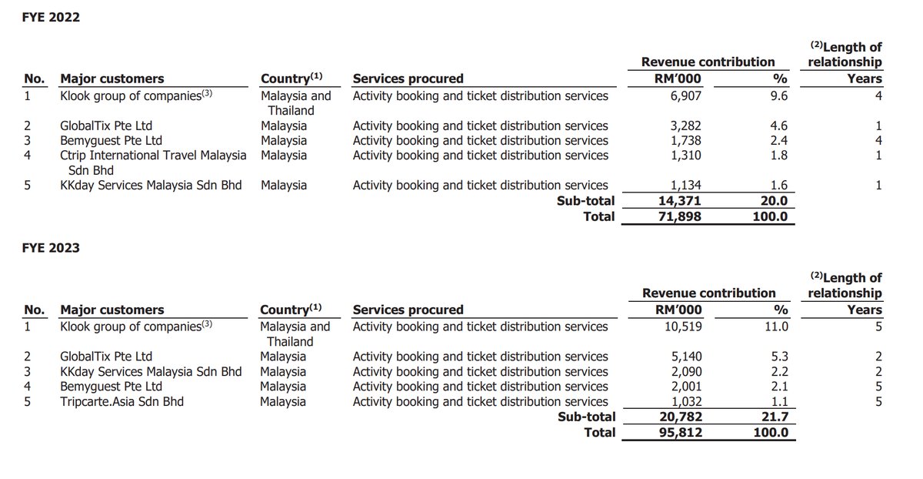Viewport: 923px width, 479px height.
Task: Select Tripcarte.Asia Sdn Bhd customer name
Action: [122, 401]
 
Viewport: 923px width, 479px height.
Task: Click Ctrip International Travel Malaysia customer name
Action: [153, 155]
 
